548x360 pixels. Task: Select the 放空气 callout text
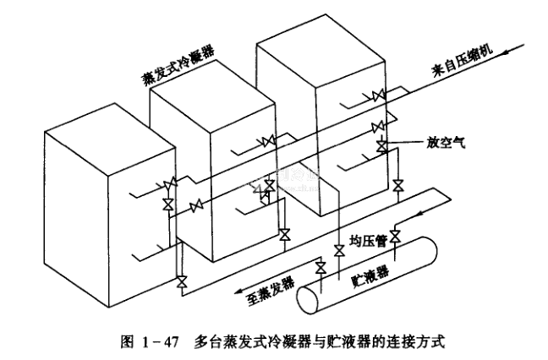tap(438, 144)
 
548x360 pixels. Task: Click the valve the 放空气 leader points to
tap(381, 146)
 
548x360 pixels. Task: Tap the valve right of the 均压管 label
tap(395, 237)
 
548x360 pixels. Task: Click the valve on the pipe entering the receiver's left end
tap(320, 268)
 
